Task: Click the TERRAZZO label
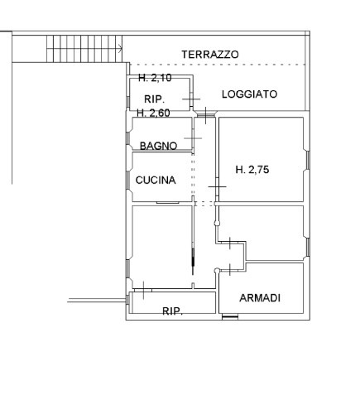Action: coord(210,55)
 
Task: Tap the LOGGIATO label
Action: coord(249,94)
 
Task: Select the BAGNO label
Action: coord(158,146)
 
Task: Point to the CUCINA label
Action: coord(156,180)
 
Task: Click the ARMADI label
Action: coord(260,298)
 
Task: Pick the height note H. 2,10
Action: coord(155,78)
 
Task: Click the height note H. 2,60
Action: coord(153,113)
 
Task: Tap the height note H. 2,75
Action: coord(252,169)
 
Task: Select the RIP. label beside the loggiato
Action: coord(154,99)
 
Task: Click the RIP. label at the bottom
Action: coord(172,311)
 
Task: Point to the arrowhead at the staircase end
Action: coord(121,49)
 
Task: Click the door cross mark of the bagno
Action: coord(193,138)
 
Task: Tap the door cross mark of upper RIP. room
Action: coord(191,99)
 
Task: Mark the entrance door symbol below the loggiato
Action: coord(205,115)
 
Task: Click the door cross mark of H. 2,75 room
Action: coord(217,186)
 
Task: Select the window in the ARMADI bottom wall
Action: coord(230,317)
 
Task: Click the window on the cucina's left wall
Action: coord(127,181)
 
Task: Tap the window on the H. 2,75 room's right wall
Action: coord(308,160)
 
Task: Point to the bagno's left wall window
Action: coord(127,138)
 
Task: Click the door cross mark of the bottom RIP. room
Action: coord(143,290)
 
